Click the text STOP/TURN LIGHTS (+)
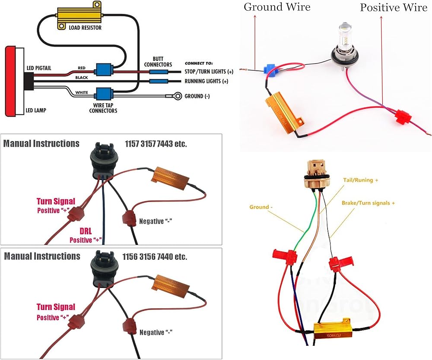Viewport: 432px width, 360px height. click(x=209, y=71)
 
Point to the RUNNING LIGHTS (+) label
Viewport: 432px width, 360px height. click(x=206, y=81)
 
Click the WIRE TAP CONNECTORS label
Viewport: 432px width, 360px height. click(x=103, y=107)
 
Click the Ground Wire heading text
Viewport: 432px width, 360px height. click(x=277, y=7)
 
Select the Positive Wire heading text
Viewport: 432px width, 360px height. click(x=393, y=7)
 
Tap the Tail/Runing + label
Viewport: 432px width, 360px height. click(x=360, y=180)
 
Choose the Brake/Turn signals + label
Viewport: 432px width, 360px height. click(x=368, y=202)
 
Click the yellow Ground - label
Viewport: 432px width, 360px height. click(x=261, y=207)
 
